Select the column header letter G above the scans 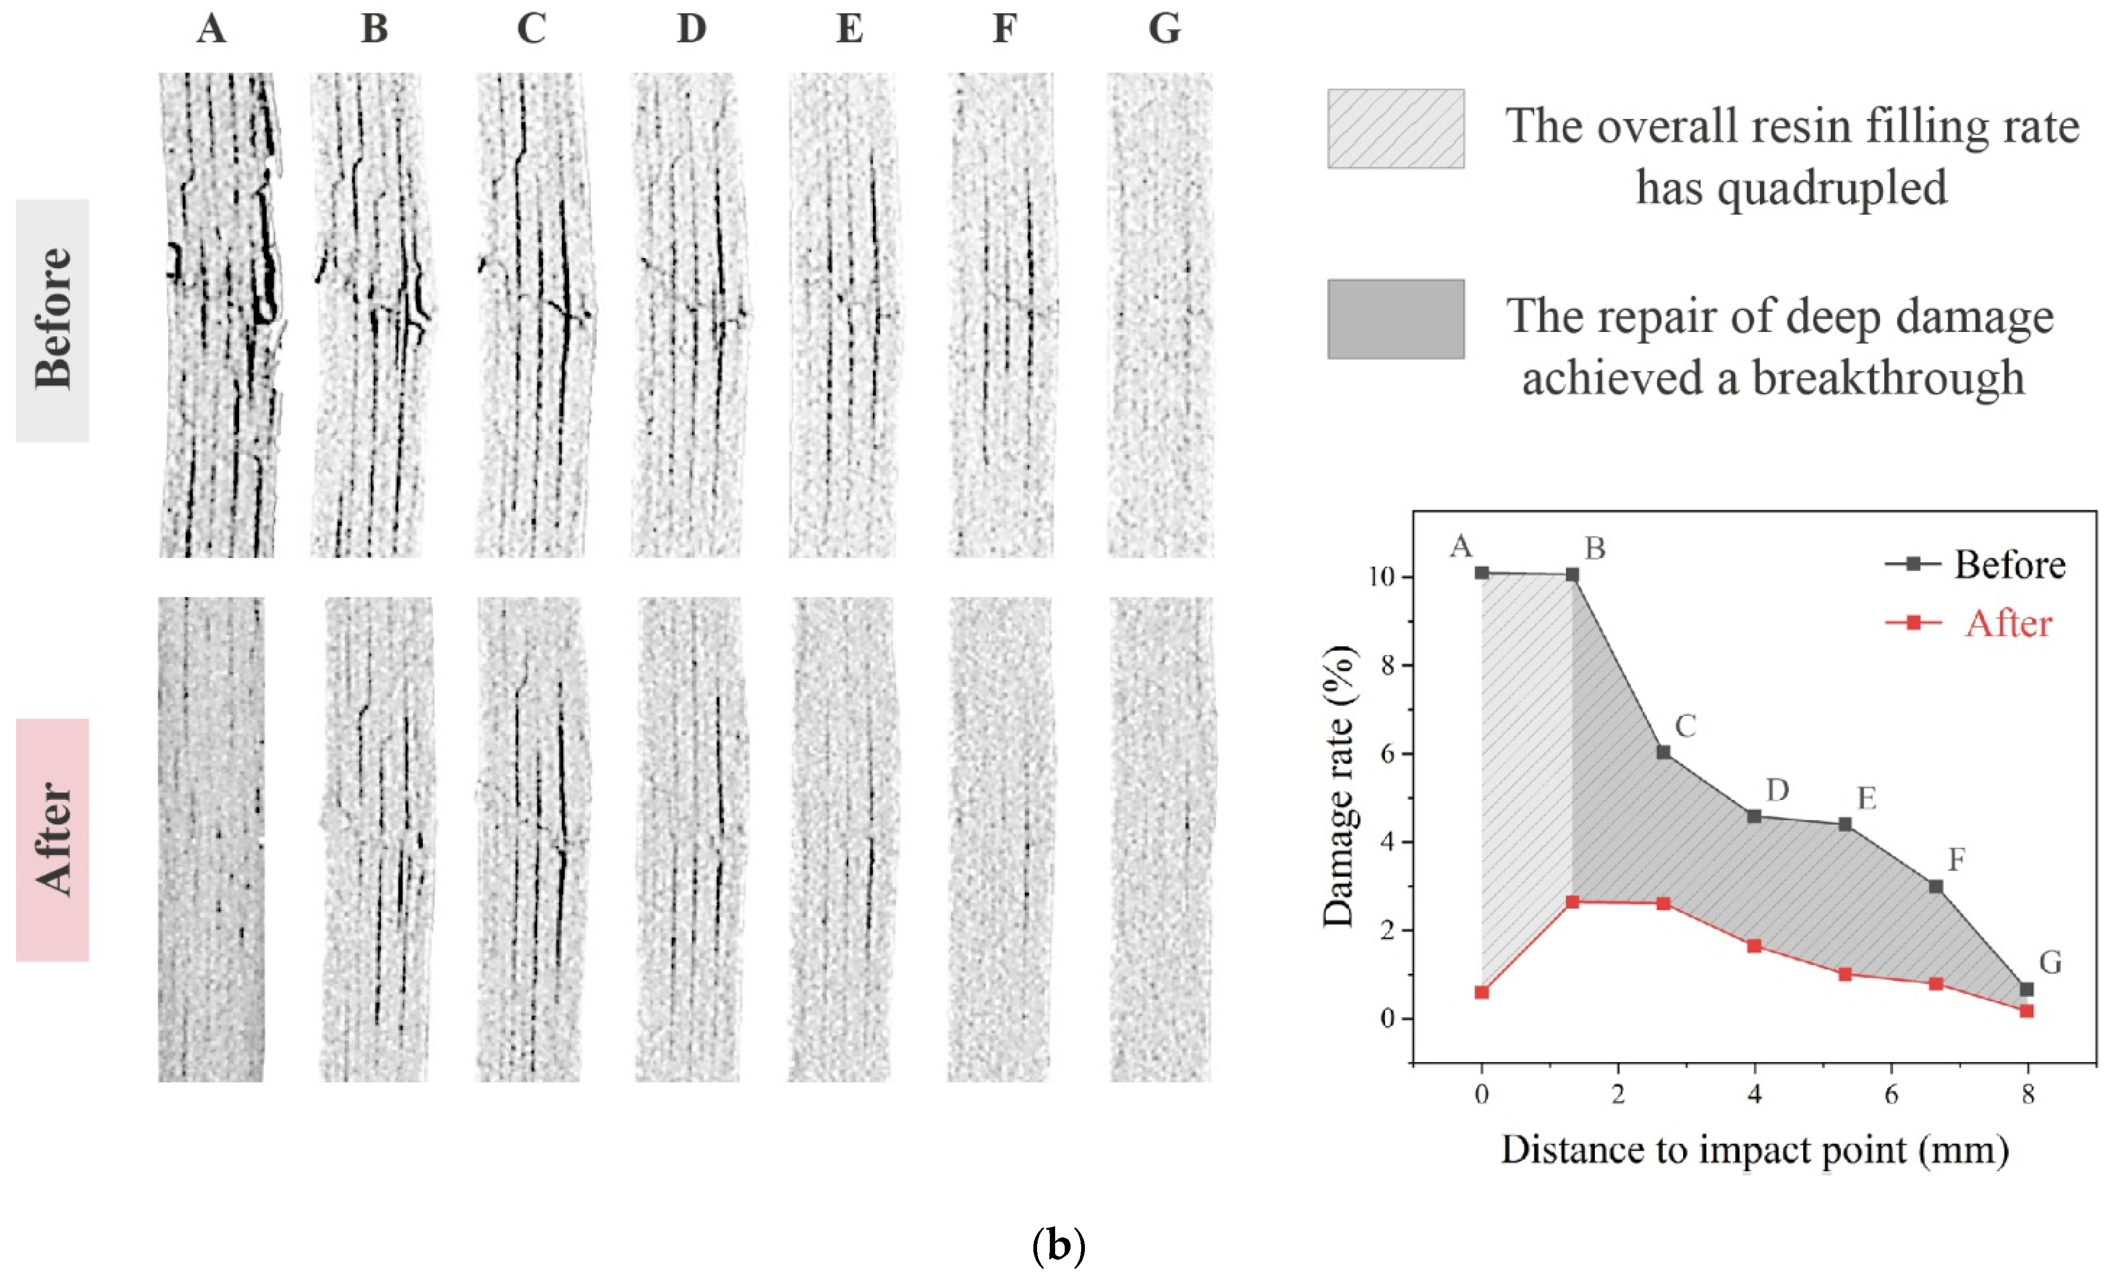pos(1164,28)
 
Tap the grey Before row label pos(53,320)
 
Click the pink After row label pos(53,839)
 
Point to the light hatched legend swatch pos(1395,129)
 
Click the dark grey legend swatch pos(1395,318)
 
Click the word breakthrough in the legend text pos(1888,378)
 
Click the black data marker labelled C pos(1663,753)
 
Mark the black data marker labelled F pos(1935,886)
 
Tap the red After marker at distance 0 pos(1482,993)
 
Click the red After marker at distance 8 pos(2026,1011)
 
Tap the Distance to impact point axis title pos(1754,1149)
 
